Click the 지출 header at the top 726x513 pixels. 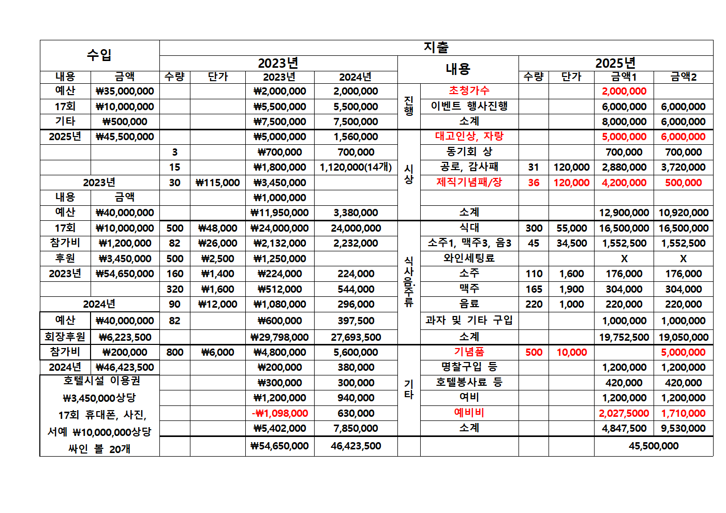(x=436, y=48)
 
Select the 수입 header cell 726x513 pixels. (x=99, y=55)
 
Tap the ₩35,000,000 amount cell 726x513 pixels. (x=125, y=91)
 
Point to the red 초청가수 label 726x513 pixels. (x=469, y=90)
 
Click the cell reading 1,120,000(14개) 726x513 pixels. (x=355, y=167)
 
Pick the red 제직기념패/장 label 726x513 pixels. (x=469, y=182)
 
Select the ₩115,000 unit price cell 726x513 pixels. (x=218, y=183)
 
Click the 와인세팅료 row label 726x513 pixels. (x=469, y=258)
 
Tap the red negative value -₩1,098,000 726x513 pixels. (x=279, y=413)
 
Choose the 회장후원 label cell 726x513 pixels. (x=65, y=337)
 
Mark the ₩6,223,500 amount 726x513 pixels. (x=125, y=337)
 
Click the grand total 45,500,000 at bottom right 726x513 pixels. (x=654, y=446)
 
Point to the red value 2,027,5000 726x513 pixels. (x=624, y=413)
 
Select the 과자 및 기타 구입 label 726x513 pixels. (x=469, y=320)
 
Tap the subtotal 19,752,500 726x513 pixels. (x=624, y=337)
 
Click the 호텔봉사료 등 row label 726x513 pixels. (x=469, y=382)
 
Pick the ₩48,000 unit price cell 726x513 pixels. (x=218, y=228)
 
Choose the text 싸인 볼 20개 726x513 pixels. (x=99, y=449)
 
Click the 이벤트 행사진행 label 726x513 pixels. (x=469, y=106)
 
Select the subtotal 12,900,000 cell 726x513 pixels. (x=624, y=213)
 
